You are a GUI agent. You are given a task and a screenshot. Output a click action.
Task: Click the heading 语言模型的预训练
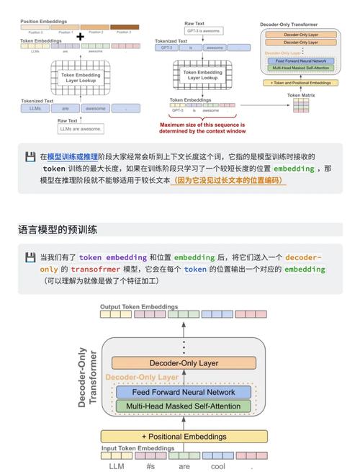coord(58,230)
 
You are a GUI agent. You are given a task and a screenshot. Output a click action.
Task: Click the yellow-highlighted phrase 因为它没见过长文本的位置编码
coord(229,181)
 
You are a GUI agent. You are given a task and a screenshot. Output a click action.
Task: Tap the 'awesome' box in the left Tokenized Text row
coord(95,108)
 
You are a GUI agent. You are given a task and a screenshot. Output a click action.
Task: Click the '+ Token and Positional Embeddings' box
coord(300,83)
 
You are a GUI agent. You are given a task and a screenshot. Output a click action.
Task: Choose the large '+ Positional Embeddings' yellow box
coord(183,436)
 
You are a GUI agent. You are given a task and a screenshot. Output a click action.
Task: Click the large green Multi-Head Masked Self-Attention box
coord(183,406)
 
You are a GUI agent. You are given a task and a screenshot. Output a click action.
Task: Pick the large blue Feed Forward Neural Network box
coord(183,392)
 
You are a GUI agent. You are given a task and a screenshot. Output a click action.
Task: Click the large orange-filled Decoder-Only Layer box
coord(183,363)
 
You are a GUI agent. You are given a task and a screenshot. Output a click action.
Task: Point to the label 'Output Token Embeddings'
coord(139,306)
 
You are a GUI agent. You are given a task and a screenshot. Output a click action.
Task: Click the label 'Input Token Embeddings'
coord(138,448)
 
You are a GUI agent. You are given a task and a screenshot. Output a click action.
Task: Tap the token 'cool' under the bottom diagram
coord(217,466)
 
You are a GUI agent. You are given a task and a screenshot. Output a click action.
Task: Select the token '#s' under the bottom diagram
coord(150,466)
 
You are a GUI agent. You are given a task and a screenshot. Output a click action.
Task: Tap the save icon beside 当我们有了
coord(30,257)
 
